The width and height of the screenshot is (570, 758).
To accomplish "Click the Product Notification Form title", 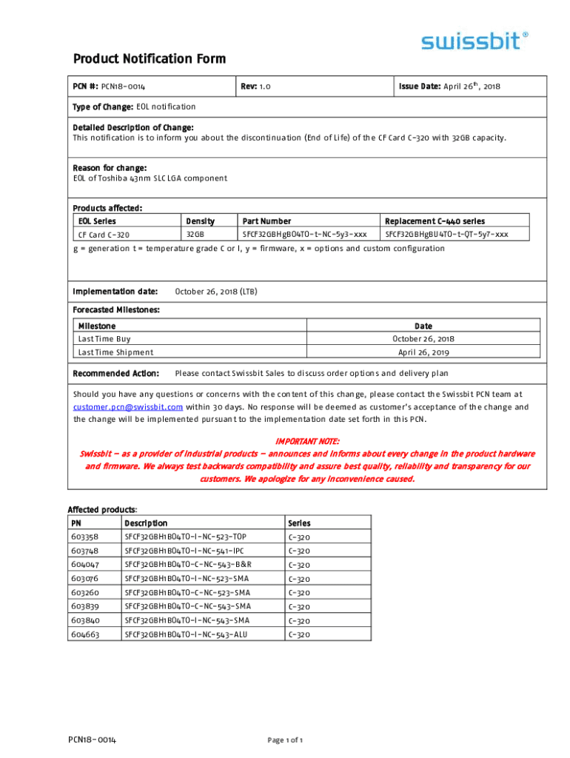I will click(149, 59).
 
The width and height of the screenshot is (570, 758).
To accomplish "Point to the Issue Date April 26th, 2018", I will click(449, 87).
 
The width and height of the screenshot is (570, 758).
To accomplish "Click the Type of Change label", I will click(103, 107).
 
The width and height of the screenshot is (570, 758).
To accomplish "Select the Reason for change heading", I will click(110, 168).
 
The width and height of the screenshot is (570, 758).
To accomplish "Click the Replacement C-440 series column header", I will click(435, 221).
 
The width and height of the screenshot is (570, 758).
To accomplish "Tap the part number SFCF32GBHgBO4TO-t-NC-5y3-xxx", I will click(304, 235).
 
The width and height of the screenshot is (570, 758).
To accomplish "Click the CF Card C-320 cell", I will click(104, 235).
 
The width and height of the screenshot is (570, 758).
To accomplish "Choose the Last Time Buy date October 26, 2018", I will click(423, 339).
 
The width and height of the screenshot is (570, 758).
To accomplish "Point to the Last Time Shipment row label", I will click(115, 352).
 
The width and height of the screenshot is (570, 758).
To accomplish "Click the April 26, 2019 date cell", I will click(423, 352).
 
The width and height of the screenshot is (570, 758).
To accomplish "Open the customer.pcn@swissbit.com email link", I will click(128, 407).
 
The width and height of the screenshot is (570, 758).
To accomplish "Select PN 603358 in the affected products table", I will click(84, 537).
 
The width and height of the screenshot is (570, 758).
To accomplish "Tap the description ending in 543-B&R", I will click(193, 565).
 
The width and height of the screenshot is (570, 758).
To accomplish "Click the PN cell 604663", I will click(84, 634).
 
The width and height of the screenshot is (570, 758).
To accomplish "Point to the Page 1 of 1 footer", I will click(284, 740).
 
